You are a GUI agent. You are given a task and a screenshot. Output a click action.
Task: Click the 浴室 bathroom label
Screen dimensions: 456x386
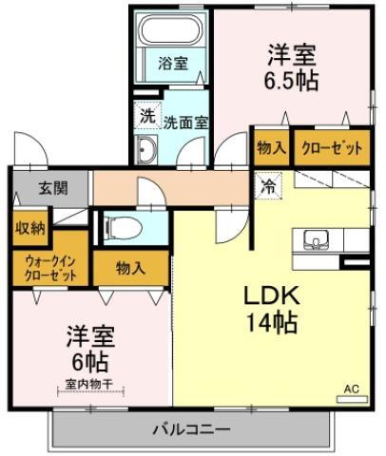click(172, 63)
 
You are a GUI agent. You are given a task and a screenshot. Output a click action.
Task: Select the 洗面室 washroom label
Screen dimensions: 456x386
click(185, 121)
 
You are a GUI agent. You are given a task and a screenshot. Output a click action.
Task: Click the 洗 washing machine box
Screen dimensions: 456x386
click(147, 115)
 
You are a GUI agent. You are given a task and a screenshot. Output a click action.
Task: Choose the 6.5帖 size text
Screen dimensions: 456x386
click(292, 79)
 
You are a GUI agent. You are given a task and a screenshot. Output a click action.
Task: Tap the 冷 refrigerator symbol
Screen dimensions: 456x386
click(269, 186)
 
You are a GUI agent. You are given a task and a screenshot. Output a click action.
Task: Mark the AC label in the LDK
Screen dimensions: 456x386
click(351, 388)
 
